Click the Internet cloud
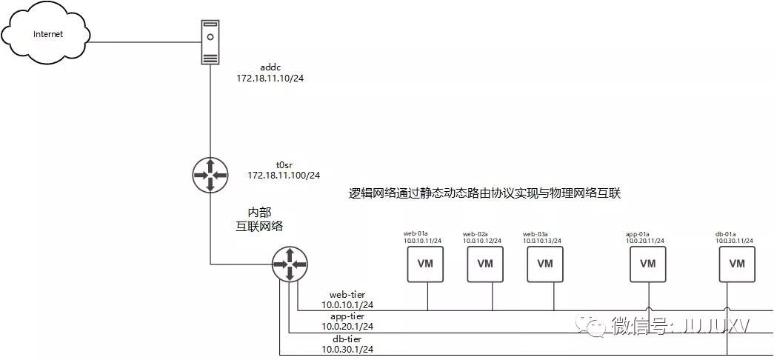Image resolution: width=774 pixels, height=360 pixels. coord(45,34)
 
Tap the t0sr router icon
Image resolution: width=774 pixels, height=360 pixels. coord(210,175)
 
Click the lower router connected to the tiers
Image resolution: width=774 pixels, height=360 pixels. coord(289,264)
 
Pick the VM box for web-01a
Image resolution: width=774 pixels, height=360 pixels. coord(425,264)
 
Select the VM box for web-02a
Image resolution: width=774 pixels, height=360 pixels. coord(485,264)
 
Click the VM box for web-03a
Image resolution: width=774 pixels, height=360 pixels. coord(545,264)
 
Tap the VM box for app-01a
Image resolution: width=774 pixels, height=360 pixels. coord(648,264)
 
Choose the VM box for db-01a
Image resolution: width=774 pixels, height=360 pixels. coord(737,264)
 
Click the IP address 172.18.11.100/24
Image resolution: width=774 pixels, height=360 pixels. coord(284,176)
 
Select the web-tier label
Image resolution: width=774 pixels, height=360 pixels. coord(347,294)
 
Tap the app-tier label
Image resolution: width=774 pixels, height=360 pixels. coord(347,316)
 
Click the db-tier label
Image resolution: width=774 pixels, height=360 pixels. coord(347,337)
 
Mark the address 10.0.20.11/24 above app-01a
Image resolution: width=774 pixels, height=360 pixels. coord(645,241)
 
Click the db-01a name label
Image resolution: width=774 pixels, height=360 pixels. coord(725,234)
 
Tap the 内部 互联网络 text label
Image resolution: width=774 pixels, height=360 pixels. coord(259,219)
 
